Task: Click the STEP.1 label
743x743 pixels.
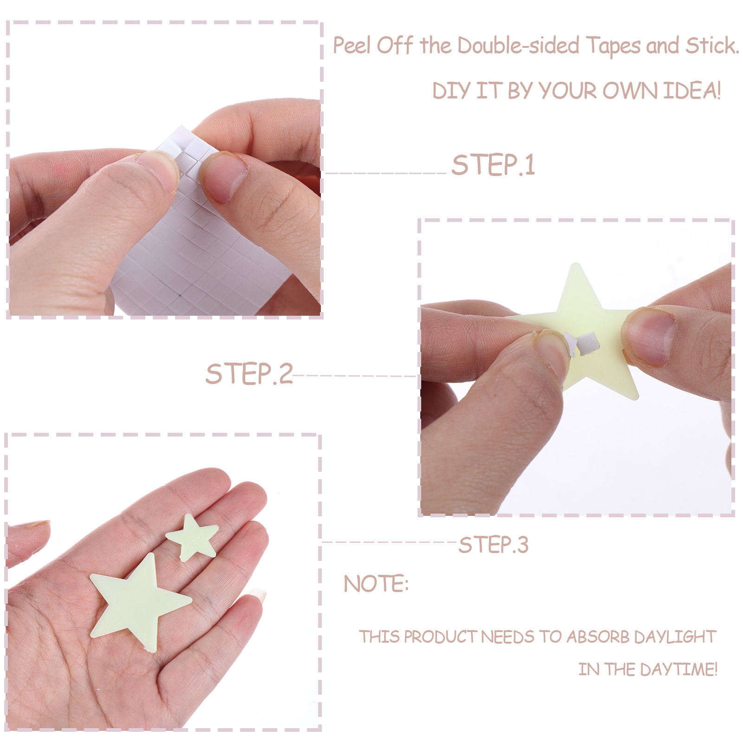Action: coord(494,165)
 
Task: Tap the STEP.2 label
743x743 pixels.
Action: coord(249,374)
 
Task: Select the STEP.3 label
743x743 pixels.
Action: coord(494,545)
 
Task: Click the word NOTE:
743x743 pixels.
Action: coord(376,584)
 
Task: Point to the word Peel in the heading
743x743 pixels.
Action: coord(352,46)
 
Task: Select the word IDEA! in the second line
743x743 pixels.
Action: coord(692,90)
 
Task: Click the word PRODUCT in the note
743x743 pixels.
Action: coord(440,637)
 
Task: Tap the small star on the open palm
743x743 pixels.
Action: coord(192,537)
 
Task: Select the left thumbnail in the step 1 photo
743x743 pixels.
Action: coord(157,170)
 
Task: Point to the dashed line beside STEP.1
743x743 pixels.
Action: coord(386,173)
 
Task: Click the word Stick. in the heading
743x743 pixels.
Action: coord(712,46)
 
